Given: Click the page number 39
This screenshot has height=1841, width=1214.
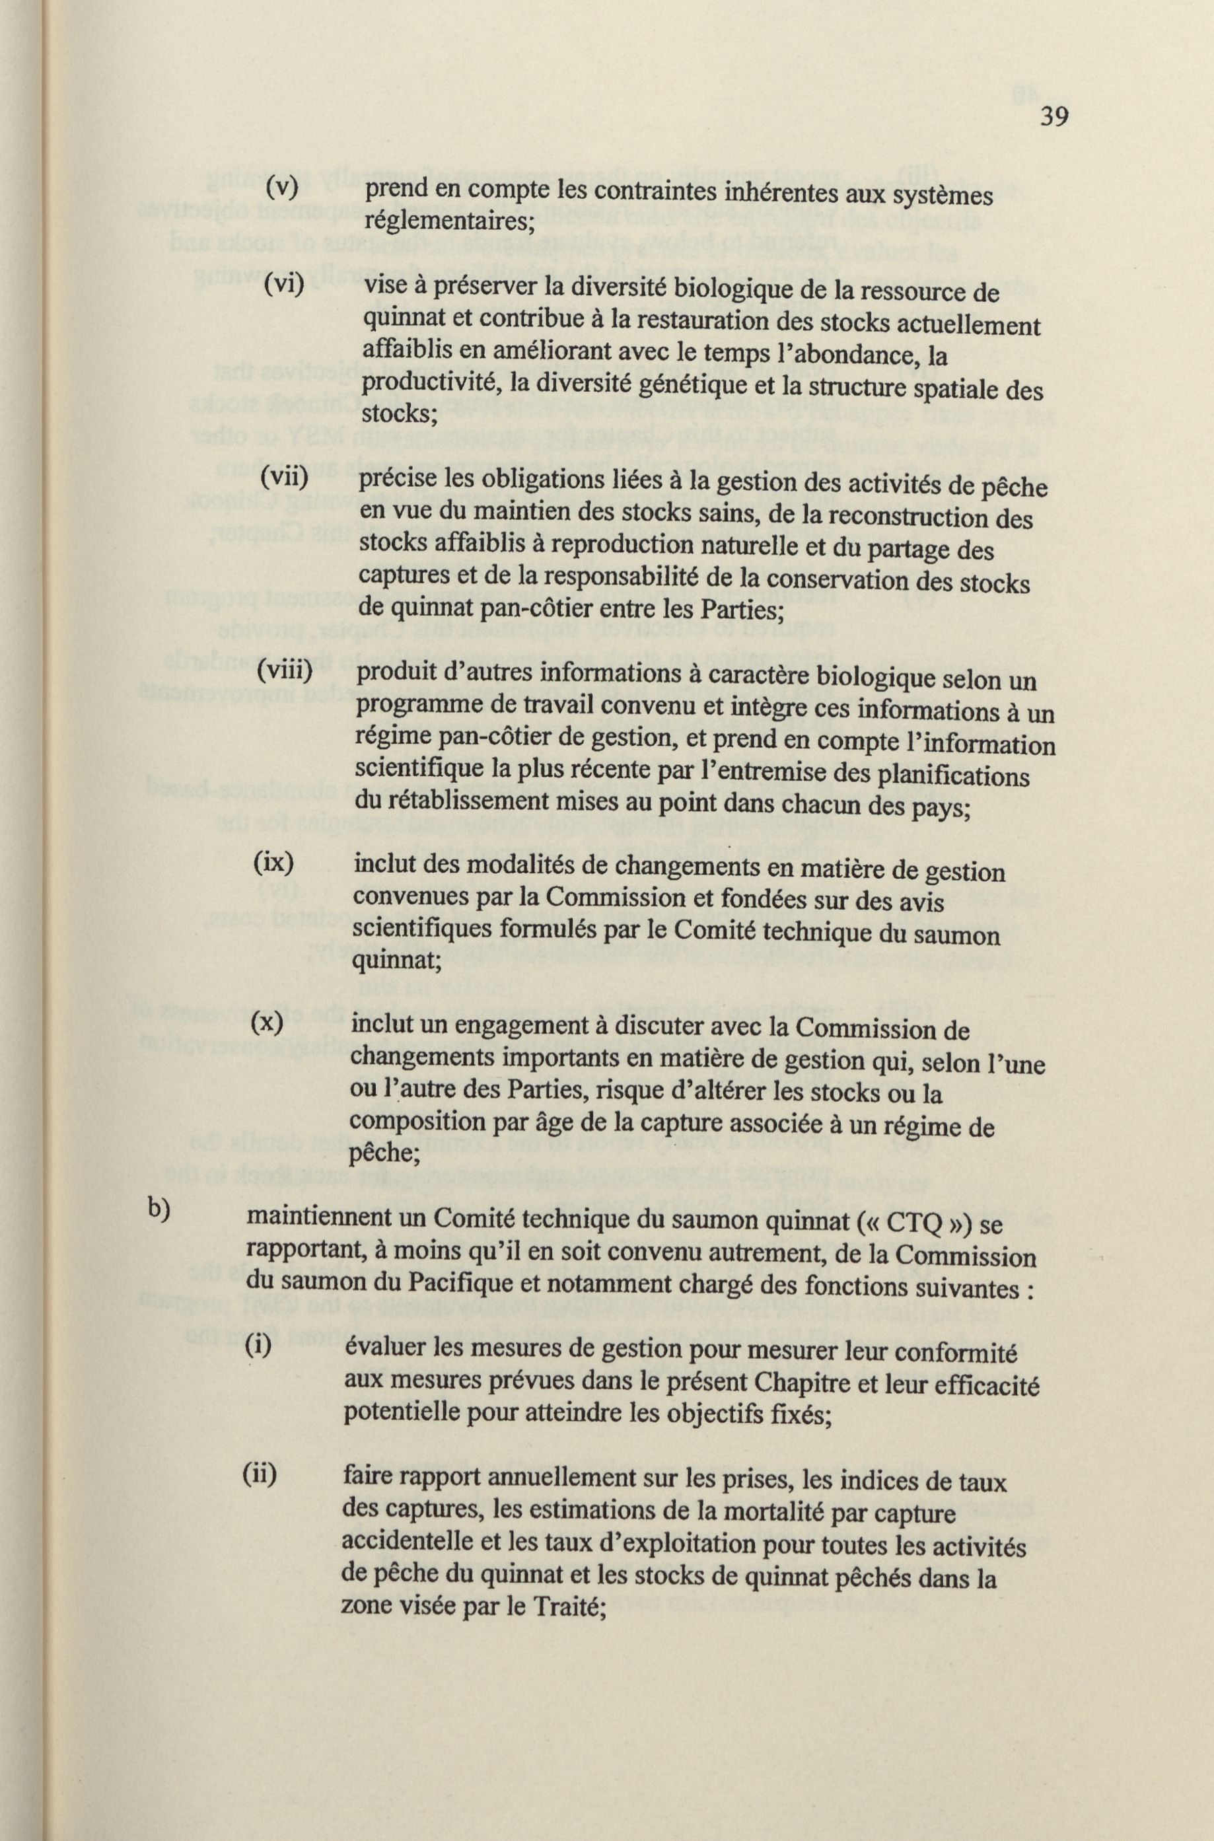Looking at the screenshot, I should (1053, 117).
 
